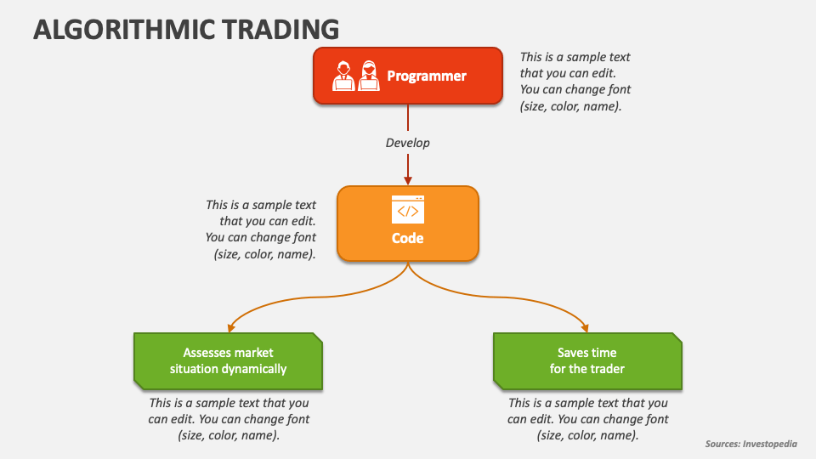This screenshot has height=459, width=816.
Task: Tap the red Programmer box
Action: pyautogui.click(x=407, y=76)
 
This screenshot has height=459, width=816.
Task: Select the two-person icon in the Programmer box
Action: pyautogui.click(x=356, y=75)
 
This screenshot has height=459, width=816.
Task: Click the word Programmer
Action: pyautogui.click(x=427, y=76)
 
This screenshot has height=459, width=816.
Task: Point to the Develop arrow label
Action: pyautogui.click(x=408, y=143)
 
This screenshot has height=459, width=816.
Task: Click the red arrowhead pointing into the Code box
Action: pyautogui.click(x=408, y=179)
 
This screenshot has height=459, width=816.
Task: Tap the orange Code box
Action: pyautogui.click(x=408, y=223)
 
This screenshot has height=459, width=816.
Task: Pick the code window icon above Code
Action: pyautogui.click(x=408, y=210)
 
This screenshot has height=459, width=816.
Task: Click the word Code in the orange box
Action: pyautogui.click(x=408, y=239)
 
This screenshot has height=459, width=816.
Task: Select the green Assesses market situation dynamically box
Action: pyautogui.click(x=228, y=360)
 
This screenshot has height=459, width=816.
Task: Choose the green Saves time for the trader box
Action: pyautogui.click(x=587, y=360)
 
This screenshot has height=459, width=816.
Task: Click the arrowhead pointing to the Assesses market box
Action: pyautogui.click(x=229, y=329)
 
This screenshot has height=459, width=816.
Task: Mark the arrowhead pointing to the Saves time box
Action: pyautogui.click(x=585, y=327)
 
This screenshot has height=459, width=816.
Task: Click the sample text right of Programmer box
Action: pyautogui.click(x=575, y=82)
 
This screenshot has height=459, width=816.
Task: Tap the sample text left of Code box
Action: pyautogui.click(x=261, y=229)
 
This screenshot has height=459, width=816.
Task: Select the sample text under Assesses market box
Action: pyautogui.click(x=229, y=419)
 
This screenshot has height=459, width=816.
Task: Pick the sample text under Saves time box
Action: pyautogui.click(x=588, y=419)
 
